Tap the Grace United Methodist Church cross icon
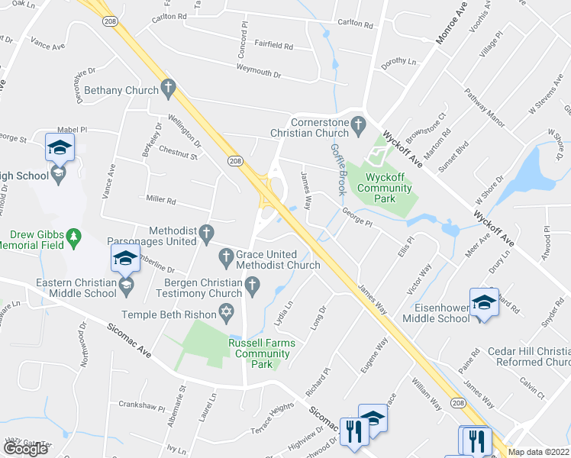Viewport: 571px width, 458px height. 226,257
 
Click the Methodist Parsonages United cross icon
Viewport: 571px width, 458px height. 205,231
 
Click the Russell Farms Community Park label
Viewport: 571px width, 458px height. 262,354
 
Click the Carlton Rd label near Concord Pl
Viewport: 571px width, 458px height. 169,15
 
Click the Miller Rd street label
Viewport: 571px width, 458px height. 161,202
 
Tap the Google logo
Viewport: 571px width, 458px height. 25,449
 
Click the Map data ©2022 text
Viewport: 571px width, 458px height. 539,452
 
